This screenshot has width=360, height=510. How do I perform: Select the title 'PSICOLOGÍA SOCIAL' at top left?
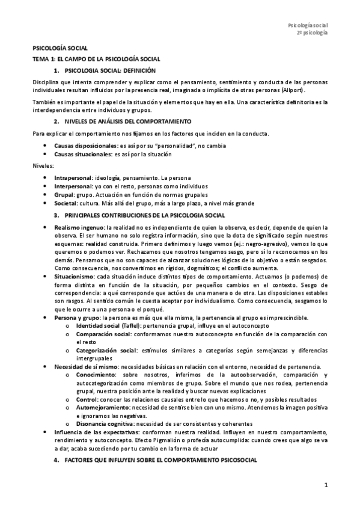pos(60,48)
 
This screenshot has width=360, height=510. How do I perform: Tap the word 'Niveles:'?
pos(43,166)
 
